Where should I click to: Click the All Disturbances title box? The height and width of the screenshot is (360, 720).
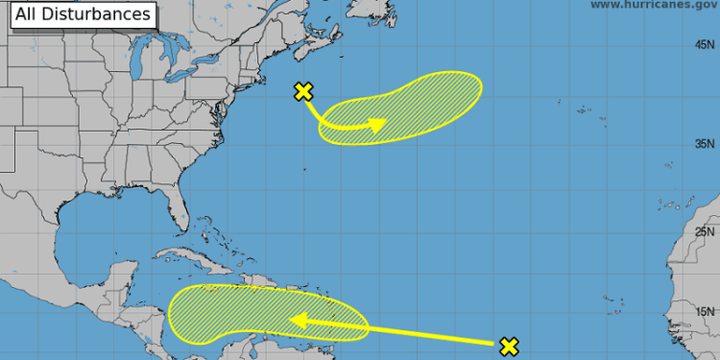pyautogui.click(x=83, y=14)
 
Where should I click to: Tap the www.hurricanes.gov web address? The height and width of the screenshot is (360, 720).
pyautogui.click(x=653, y=5)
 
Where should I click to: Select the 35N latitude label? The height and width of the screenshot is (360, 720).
pyautogui.click(x=706, y=144)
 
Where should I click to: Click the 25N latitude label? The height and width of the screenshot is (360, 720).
pyautogui.click(x=706, y=231)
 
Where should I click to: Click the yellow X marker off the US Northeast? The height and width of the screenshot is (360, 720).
pyautogui.click(x=303, y=92)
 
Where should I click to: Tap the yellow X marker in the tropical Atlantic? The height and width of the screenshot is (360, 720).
pyautogui.click(x=509, y=347)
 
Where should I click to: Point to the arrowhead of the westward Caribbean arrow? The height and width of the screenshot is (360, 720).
pyautogui.click(x=299, y=321)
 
